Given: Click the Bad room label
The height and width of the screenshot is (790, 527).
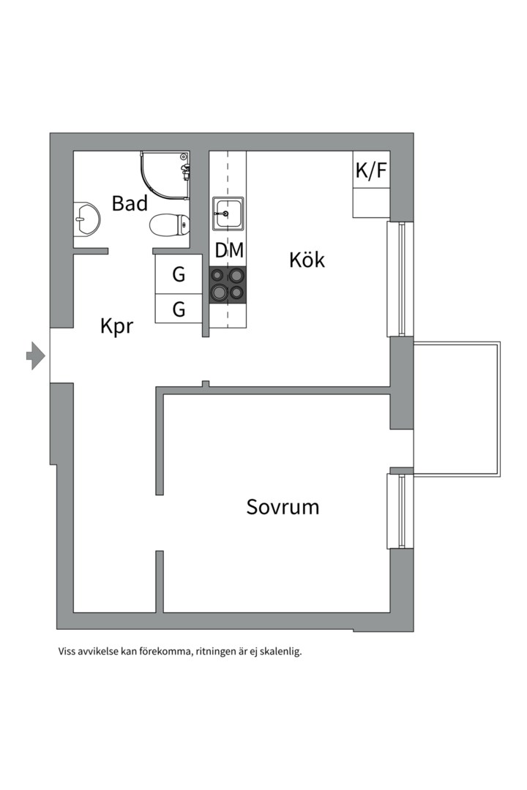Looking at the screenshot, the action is [x=130, y=203].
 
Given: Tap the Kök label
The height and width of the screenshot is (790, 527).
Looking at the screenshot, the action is [x=307, y=260].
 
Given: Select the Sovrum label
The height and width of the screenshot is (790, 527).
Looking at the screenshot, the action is [x=283, y=507].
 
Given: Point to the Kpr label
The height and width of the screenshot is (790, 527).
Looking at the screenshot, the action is [x=117, y=326].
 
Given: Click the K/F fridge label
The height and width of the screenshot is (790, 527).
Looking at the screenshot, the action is [x=371, y=170].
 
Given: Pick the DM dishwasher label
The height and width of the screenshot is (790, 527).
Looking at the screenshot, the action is [x=229, y=250].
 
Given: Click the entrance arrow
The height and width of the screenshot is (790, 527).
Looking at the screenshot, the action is [x=36, y=355].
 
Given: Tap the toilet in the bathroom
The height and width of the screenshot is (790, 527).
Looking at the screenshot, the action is [x=170, y=225].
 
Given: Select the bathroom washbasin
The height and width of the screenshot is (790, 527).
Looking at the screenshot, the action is [x=86, y=219].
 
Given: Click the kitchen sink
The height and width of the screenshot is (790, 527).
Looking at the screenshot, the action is [x=228, y=214].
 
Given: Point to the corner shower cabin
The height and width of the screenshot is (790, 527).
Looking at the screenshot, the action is [x=165, y=174].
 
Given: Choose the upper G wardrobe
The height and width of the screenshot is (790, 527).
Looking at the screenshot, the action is [x=179, y=274].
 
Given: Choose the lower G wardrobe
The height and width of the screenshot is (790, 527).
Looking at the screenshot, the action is [x=179, y=309].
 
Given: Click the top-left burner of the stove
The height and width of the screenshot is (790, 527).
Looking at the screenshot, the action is [x=217, y=275].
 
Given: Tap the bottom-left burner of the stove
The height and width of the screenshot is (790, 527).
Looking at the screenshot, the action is [x=219, y=292].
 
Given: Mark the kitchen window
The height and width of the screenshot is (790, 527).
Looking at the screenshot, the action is [x=400, y=279].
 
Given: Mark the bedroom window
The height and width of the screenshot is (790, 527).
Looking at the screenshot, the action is [x=400, y=511].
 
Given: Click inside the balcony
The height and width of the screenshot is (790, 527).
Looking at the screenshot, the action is [x=457, y=409].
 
